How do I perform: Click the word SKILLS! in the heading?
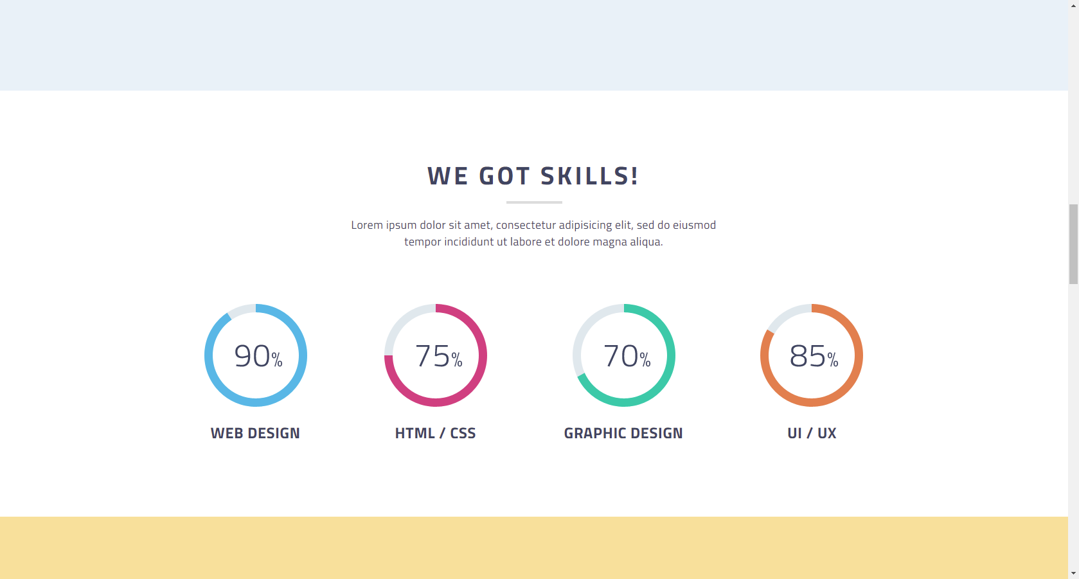[x=589, y=175]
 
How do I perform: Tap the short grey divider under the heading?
[x=534, y=202]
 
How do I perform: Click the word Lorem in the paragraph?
[x=367, y=225]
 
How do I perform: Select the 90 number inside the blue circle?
[x=252, y=356]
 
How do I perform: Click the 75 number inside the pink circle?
[x=432, y=356]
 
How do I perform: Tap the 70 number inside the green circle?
[x=620, y=356]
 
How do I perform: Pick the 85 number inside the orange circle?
[x=807, y=356]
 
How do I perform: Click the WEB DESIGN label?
[x=255, y=433]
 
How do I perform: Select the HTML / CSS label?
[x=436, y=433]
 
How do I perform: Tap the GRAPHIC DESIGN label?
[x=623, y=433]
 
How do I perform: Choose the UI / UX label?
[x=812, y=433]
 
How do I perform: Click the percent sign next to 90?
[x=276, y=359]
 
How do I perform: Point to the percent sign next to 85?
[x=832, y=359]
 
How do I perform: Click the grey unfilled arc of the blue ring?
[x=241, y=310]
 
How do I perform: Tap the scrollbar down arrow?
[x=1074, y=573]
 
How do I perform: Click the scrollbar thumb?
[x=1074, y=244]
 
